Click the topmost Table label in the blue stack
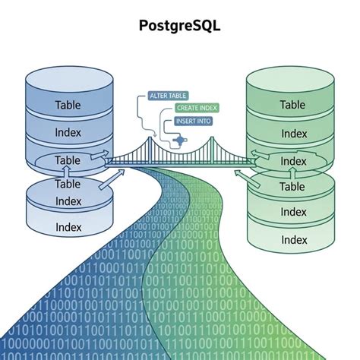68,106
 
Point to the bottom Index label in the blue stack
68,227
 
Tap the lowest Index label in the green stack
294,239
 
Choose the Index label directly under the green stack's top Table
294,134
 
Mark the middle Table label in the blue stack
68,160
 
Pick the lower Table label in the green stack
292,187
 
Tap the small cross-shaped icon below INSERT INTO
179,141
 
